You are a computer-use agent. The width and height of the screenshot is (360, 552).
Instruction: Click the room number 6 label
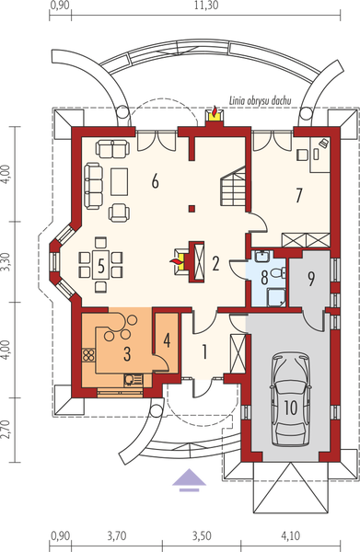156,181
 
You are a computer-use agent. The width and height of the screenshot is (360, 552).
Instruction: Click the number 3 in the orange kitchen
127,351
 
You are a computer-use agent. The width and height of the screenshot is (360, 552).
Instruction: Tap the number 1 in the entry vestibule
206,351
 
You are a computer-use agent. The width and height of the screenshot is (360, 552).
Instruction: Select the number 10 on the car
291,406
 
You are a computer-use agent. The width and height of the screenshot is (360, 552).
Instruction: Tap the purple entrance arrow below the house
192,479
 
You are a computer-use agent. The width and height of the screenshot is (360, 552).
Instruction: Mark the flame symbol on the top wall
215,114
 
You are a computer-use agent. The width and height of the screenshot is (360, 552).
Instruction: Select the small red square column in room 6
192,209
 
